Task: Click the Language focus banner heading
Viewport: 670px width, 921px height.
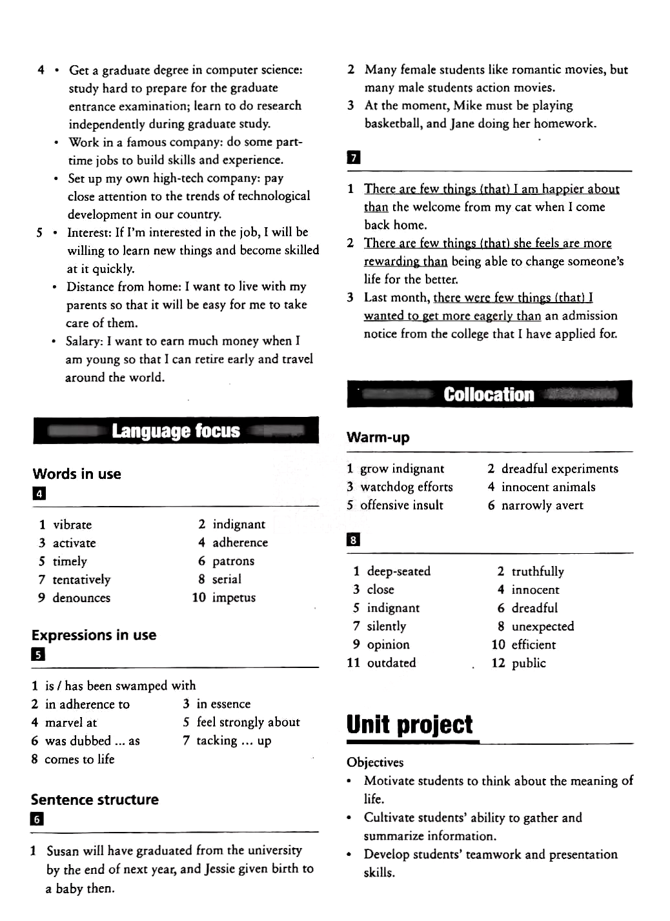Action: (176, 431)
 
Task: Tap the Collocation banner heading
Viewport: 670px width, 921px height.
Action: (489, 394)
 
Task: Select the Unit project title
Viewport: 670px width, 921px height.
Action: (409, 725)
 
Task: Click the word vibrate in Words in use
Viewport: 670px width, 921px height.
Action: (72, 525)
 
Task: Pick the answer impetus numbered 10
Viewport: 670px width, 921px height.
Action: (234, 598)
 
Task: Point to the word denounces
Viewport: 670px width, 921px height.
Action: (81, 598)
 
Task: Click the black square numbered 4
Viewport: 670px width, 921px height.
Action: (39, 494)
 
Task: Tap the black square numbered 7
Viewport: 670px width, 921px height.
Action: (353, 157)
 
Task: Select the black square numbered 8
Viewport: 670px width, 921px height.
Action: (353, 540)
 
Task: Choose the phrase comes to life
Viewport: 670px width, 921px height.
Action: (79, 759)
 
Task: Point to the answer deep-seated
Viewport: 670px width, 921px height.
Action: (398, 571)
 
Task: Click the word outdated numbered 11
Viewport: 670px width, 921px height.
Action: (391, 663)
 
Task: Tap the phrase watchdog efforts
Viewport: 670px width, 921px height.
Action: (407, 487)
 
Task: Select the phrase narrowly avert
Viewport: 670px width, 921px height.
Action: (542, 505)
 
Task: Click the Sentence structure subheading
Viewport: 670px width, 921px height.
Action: (94, 800)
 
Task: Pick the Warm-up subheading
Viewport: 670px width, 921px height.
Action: (378, 438)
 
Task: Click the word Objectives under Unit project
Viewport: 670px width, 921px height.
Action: (375, 762)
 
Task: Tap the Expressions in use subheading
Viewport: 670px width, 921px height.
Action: (94, 635)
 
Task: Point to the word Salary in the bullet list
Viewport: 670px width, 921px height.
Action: (84, 341)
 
